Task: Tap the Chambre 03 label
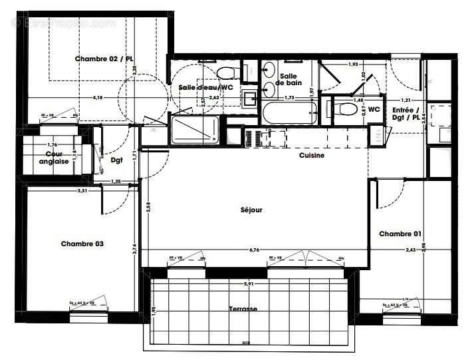(x=82, y=244)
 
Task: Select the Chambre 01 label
(x=400, y=234)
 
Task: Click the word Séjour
(x=251, y=210)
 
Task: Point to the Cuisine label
(x=311, y=156)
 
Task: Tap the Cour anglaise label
(x=53, y=158)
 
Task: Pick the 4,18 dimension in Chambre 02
(x=98, y=98)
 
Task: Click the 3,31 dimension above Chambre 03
(x=82, y=190)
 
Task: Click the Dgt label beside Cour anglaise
(x=117, y=159)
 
